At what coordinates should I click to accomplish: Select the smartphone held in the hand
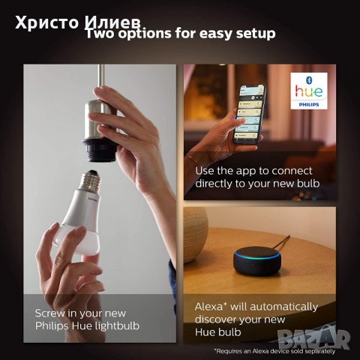click(250, 112)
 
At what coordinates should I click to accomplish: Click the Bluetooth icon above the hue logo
click(313, 80)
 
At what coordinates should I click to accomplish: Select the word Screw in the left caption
click(51, 313)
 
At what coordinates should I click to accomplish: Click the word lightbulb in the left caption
click(117, 325)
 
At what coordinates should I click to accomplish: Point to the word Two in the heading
click(100, 33)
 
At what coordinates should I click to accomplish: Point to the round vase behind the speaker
click(193, 232)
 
